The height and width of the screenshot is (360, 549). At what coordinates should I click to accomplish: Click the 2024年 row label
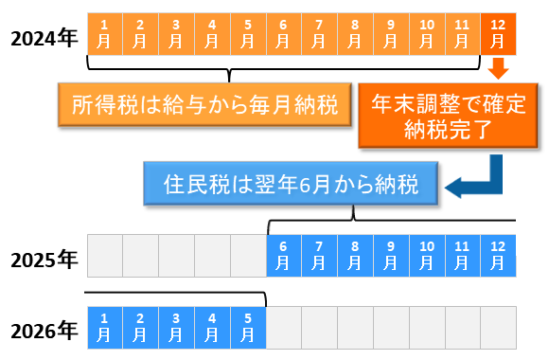coord(44,37)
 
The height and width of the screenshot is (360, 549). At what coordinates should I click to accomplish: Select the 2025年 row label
coord(44,259)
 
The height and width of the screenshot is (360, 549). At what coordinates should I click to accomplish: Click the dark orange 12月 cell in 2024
coord(498,33)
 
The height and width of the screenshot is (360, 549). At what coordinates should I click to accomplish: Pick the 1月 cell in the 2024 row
coord(104,33)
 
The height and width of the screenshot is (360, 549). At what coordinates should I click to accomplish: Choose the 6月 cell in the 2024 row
coord(283,33)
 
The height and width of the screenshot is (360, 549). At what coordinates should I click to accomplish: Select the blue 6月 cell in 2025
coord(283,255)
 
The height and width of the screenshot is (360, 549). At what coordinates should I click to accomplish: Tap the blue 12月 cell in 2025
coord(498,255)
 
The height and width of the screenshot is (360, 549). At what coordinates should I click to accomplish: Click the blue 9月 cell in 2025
coord(391,255)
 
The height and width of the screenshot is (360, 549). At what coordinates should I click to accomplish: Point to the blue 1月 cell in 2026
coord(104,326)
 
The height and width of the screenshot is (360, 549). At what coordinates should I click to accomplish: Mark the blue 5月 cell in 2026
coord(247,326)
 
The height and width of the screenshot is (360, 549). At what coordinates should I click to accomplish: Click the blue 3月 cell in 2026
coord(176,326)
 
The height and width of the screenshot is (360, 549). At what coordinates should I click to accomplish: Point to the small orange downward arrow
coord(499,68)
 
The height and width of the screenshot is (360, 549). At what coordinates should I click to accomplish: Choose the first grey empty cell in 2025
coord(104,255)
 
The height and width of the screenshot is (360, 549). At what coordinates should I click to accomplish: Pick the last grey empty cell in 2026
coord(498,326)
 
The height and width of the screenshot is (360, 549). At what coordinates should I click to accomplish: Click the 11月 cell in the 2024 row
coord(462,33)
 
